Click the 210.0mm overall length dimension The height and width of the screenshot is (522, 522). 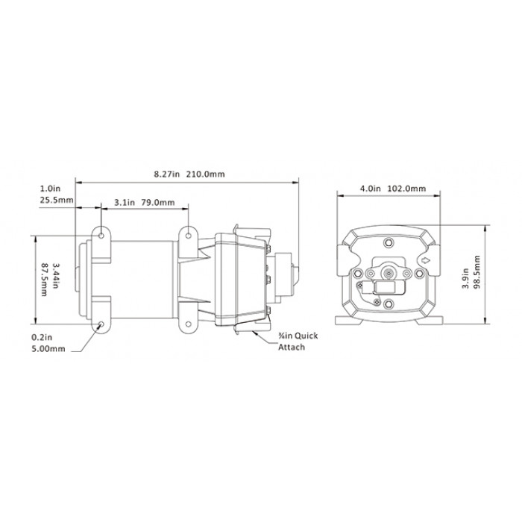pyautogui.click(x=205, y=174)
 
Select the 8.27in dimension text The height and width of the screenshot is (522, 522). pyautogui.click(x=166, y=174)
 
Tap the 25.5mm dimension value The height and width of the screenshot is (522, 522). pyautogui.click(x=57, y=201)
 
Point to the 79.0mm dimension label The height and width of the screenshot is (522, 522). pyautogui.click(x=158, y=202)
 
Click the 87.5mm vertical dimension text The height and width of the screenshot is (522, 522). pyautogui.click(x=44, y=280)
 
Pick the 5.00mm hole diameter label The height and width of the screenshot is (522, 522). pyautogui.click(x=48, y=349)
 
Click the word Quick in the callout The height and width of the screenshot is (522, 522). pyautogui.click(x=306, y=336)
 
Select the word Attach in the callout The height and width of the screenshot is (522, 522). pyautogui.click(x=292, y=348)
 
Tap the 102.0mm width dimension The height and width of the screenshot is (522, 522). pyautogui.click(x=406, y=189)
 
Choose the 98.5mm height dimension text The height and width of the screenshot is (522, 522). pyautogui.click(x=477, y=272)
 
